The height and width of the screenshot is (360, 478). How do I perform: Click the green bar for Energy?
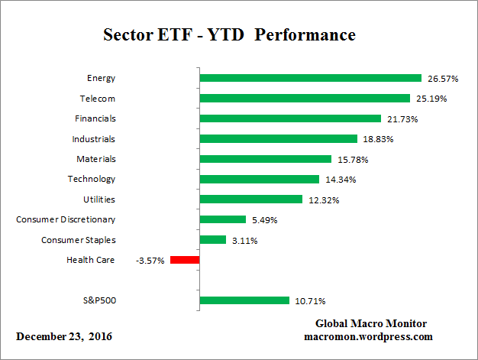tap(310, 78)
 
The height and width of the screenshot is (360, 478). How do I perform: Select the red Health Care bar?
tap(184, 260)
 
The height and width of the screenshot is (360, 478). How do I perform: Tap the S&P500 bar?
tap(244, 300)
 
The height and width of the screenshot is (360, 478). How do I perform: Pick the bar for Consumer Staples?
tap(212, 240)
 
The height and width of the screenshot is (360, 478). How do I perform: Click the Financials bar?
tap(289, 118)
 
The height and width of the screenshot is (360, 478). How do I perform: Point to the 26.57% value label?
tap(444, 78)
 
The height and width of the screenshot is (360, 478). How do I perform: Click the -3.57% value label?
tap(151, 260)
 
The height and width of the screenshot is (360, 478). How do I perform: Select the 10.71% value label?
tap(312, 301)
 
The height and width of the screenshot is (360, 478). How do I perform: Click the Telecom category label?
tap(97, 99)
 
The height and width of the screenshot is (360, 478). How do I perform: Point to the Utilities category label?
tap(99, 199)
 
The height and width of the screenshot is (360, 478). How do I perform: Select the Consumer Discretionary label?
tap(66, 220)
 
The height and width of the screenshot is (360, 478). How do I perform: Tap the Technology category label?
tap(92, 179)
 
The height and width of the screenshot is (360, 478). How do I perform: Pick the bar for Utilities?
tap(250, 199)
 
